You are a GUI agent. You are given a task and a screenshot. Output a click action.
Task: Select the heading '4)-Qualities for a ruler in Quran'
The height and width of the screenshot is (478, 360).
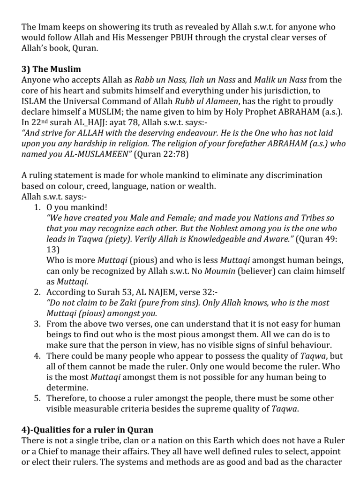[x=87, y=429]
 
